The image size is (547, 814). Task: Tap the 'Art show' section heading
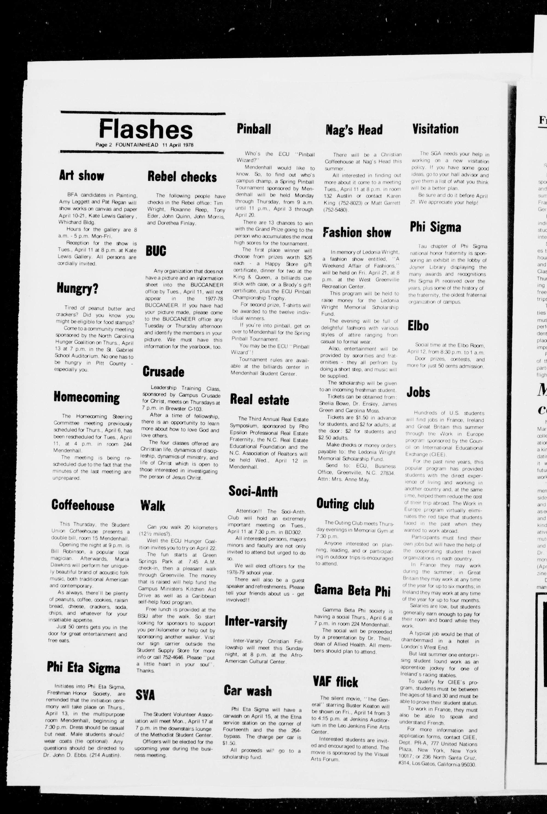(81, 176)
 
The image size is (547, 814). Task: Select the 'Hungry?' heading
(77, 289)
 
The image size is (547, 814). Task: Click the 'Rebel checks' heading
(182, 177)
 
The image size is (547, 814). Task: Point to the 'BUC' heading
(156, 251)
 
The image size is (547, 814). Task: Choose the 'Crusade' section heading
(163, 372)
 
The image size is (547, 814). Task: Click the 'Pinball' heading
(254, 129)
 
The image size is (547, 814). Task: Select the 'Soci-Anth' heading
(253, 491)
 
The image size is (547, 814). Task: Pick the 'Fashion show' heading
(357, 233)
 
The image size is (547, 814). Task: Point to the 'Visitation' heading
(435, 129)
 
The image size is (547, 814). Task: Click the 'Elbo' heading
(418, 326)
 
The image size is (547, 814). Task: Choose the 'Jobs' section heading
(418, 392)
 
